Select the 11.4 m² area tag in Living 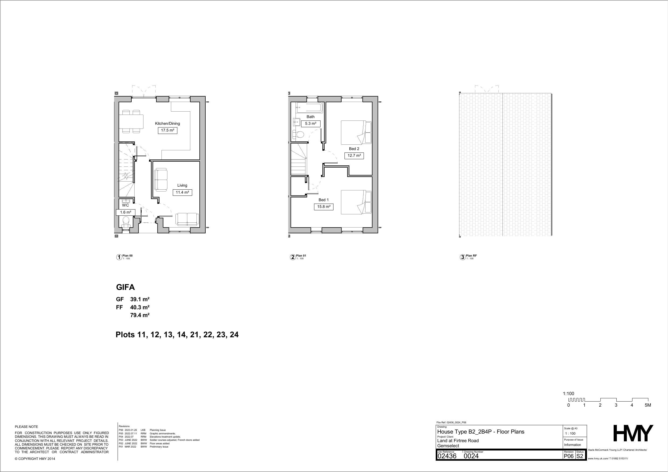click(182, 192)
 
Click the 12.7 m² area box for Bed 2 click(354, 156)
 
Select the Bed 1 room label click(324, 200)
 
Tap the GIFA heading click(125, 287)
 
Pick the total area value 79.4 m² click(140, 315)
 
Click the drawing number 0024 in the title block click(471, 456)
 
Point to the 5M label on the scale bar click(648, 405)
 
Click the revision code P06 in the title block click(569, 456)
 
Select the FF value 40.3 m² click(140, 307)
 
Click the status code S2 click(580, 456)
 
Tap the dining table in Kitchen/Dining click(131, 122)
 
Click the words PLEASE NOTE click(26, 427)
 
